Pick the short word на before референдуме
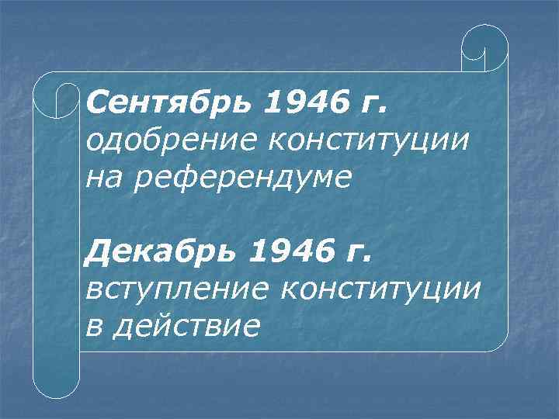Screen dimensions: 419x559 click(102, 178)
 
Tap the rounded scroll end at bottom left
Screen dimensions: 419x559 click(56, 380)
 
